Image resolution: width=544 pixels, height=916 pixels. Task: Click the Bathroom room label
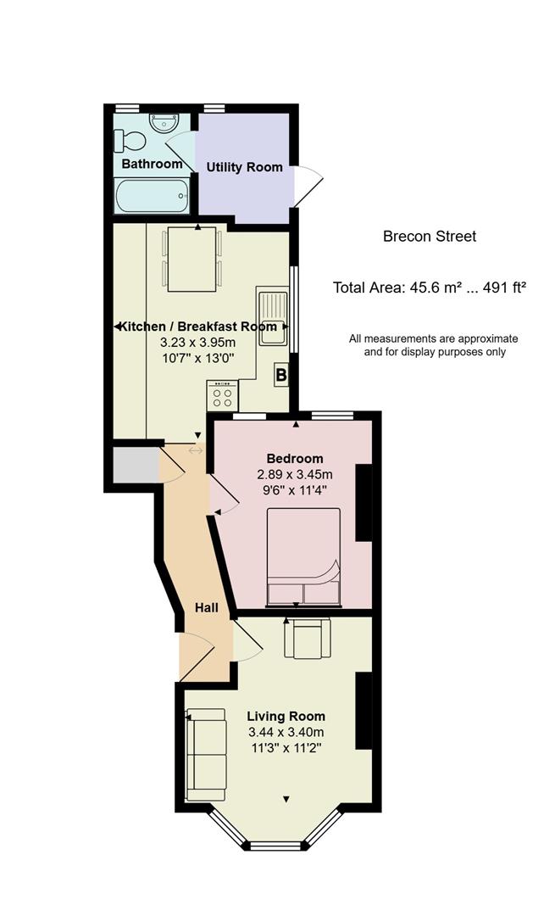(152, 164)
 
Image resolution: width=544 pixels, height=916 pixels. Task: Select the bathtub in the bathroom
(153, 196)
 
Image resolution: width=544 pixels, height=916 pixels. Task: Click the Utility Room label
(244, 167)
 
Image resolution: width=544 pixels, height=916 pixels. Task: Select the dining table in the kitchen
(192, 259)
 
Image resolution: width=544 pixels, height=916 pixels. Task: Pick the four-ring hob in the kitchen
(222, 395)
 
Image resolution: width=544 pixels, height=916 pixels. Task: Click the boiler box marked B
(281, 375)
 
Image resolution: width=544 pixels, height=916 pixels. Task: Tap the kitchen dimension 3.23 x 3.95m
(198, 343)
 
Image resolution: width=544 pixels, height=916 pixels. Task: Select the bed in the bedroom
(303, 556)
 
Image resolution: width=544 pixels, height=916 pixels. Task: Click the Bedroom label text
(295, 459)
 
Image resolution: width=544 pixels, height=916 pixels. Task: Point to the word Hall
(207, 607)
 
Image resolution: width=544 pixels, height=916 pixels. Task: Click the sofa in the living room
(206, 754)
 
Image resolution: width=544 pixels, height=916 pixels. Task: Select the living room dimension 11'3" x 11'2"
(286, 748)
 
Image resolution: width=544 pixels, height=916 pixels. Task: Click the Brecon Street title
(430, 237)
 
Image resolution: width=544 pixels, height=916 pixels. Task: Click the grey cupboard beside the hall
(136, 465)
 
